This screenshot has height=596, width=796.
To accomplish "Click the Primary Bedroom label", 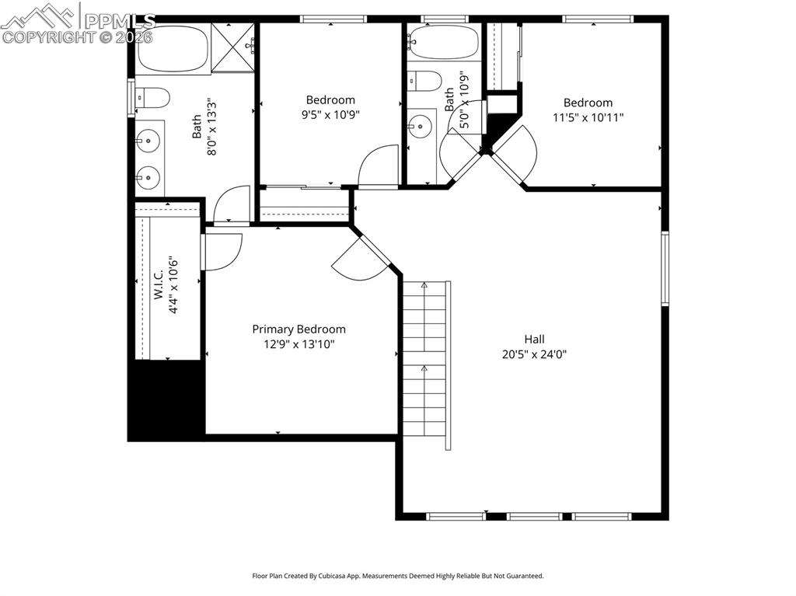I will (x=298, y=329).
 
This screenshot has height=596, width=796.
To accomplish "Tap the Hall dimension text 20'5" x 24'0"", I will (x=534, y=354).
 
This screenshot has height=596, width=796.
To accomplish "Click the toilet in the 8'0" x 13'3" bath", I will (x=153, y=98).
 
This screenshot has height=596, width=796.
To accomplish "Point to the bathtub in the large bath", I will (x=173, y=49).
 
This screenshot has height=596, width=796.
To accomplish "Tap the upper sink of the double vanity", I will (x=148, y=141).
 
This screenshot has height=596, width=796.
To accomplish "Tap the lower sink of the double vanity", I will (x=148, y=178).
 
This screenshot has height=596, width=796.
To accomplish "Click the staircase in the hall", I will (x=425, y=362).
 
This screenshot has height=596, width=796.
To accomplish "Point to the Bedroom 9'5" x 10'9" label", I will (x=330, y=99).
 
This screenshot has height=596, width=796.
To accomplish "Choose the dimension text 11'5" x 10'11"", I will (x=588, y=117).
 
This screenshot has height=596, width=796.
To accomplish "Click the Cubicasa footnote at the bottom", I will (x=397, y=576).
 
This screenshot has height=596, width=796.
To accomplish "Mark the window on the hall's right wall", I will (x=665, y=268).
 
